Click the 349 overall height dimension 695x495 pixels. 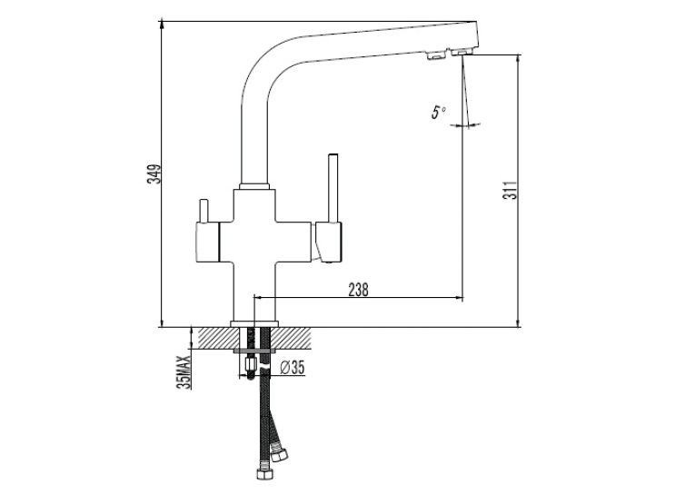coord(154,173)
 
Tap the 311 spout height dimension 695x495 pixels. coord(511,190)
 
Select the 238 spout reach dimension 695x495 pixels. coord(358,290)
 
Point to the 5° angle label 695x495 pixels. coord(439,112)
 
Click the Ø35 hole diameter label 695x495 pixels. coord(293,367)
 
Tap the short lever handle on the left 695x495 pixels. coord(204,211)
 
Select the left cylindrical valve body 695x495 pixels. coord(207,242)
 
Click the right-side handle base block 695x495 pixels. coord(329,242)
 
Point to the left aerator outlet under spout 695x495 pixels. coord(436,55)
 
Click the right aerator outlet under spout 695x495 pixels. coord(461,53)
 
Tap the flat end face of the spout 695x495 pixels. coord(476,35)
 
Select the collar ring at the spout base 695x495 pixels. coord(254,186)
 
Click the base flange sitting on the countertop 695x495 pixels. coord(254,324)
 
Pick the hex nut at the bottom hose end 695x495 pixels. coord(264,473)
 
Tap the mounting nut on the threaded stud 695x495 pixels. coord(251,365)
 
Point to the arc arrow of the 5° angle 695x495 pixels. coord(464,126)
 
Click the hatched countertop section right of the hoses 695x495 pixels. coord(292,338)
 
